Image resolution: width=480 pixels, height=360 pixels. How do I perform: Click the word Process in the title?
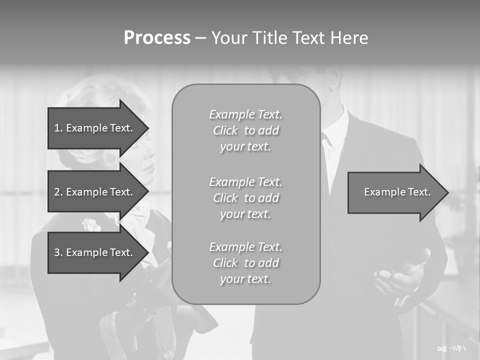point(157,38)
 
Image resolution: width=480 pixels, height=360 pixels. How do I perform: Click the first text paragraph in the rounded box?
point(245,130)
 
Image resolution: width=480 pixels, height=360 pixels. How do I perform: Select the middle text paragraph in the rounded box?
point(245,197)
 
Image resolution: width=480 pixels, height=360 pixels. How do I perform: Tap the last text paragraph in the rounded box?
point(245,263)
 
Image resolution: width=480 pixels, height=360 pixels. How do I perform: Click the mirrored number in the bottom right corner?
point(451,348)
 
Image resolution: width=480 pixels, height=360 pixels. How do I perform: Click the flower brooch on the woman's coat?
point(91,224)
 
